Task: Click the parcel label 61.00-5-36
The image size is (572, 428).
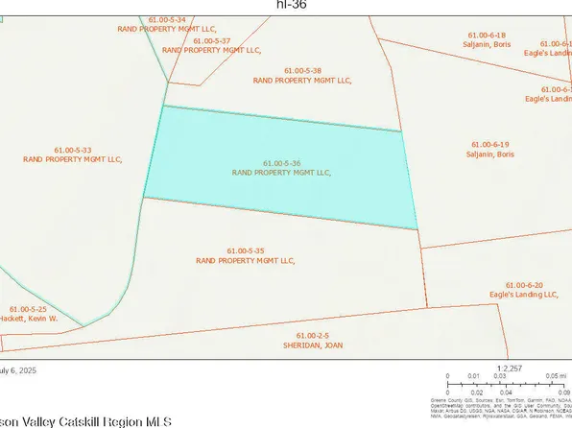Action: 281,164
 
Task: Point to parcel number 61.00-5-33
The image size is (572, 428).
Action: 72,151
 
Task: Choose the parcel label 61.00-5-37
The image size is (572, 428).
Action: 211,41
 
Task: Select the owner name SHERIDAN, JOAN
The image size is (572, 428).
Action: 312,344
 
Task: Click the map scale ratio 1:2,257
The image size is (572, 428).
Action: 508,366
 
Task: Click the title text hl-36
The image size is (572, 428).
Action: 286,4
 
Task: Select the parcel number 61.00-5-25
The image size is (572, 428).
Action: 26,308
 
